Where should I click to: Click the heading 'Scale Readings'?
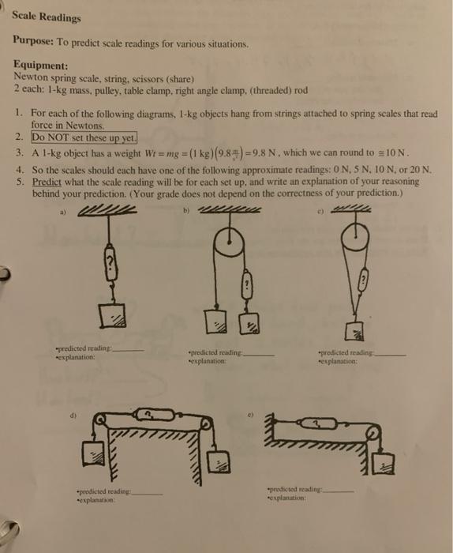pyautogui.click(x=52, y=16)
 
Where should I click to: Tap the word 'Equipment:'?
pyautogui.click(x=40, y=66)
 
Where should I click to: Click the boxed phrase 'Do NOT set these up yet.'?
pyautogui.click(x=84, y=136)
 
